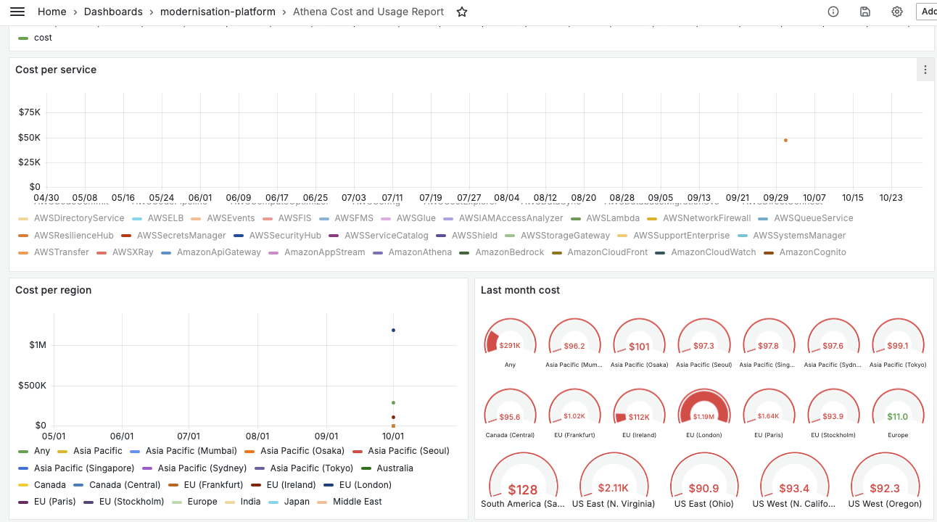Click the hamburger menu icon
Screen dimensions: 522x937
pyautogui.click(x=17, y=12)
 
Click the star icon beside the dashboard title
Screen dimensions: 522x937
pyautogui.click(x=462, y=12)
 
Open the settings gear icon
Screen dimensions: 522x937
pyautogui.click(x=897, y=12)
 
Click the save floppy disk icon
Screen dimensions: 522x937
pyautogui.click(x=865, y=12)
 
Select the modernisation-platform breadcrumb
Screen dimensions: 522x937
pyautogui.click(x=218, y=12)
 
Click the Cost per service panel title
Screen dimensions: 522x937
pyautogui.click(x=56, y=70)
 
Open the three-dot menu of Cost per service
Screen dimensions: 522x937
pyautogui.click(x=925, y=70)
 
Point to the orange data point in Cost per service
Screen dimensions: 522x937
pyautogui.click(x=785, y=140)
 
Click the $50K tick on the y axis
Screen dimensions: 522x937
pyautogui.click(x=30, y=137)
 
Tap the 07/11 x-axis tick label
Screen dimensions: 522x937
pyautogui.click(x=392, y=197)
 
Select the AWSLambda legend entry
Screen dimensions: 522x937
pyautogui.click(x=613, y=218)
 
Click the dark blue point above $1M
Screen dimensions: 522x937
pyautogui.click(x=393, y=330)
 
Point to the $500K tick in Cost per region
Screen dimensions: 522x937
pyautogui.click(x=32, y=385)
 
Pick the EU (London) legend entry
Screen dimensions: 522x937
pyautogui.click(x=365, y=485)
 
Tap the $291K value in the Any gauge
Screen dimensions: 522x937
pyautogui.click(x=510, y=346)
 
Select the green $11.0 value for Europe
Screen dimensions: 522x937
pyautogui.click(x=898, y=417)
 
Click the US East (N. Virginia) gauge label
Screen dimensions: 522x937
pyautogui.click(x=614, y=504)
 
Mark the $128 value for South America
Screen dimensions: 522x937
pyautogui.click(x=523, y=490)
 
